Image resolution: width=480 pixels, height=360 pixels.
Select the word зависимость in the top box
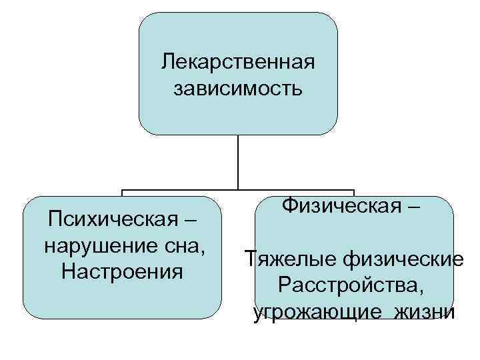pos(238,88)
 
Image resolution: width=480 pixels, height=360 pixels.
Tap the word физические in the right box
pos(401,259)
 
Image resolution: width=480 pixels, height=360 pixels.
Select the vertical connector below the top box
pos(238,163)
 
